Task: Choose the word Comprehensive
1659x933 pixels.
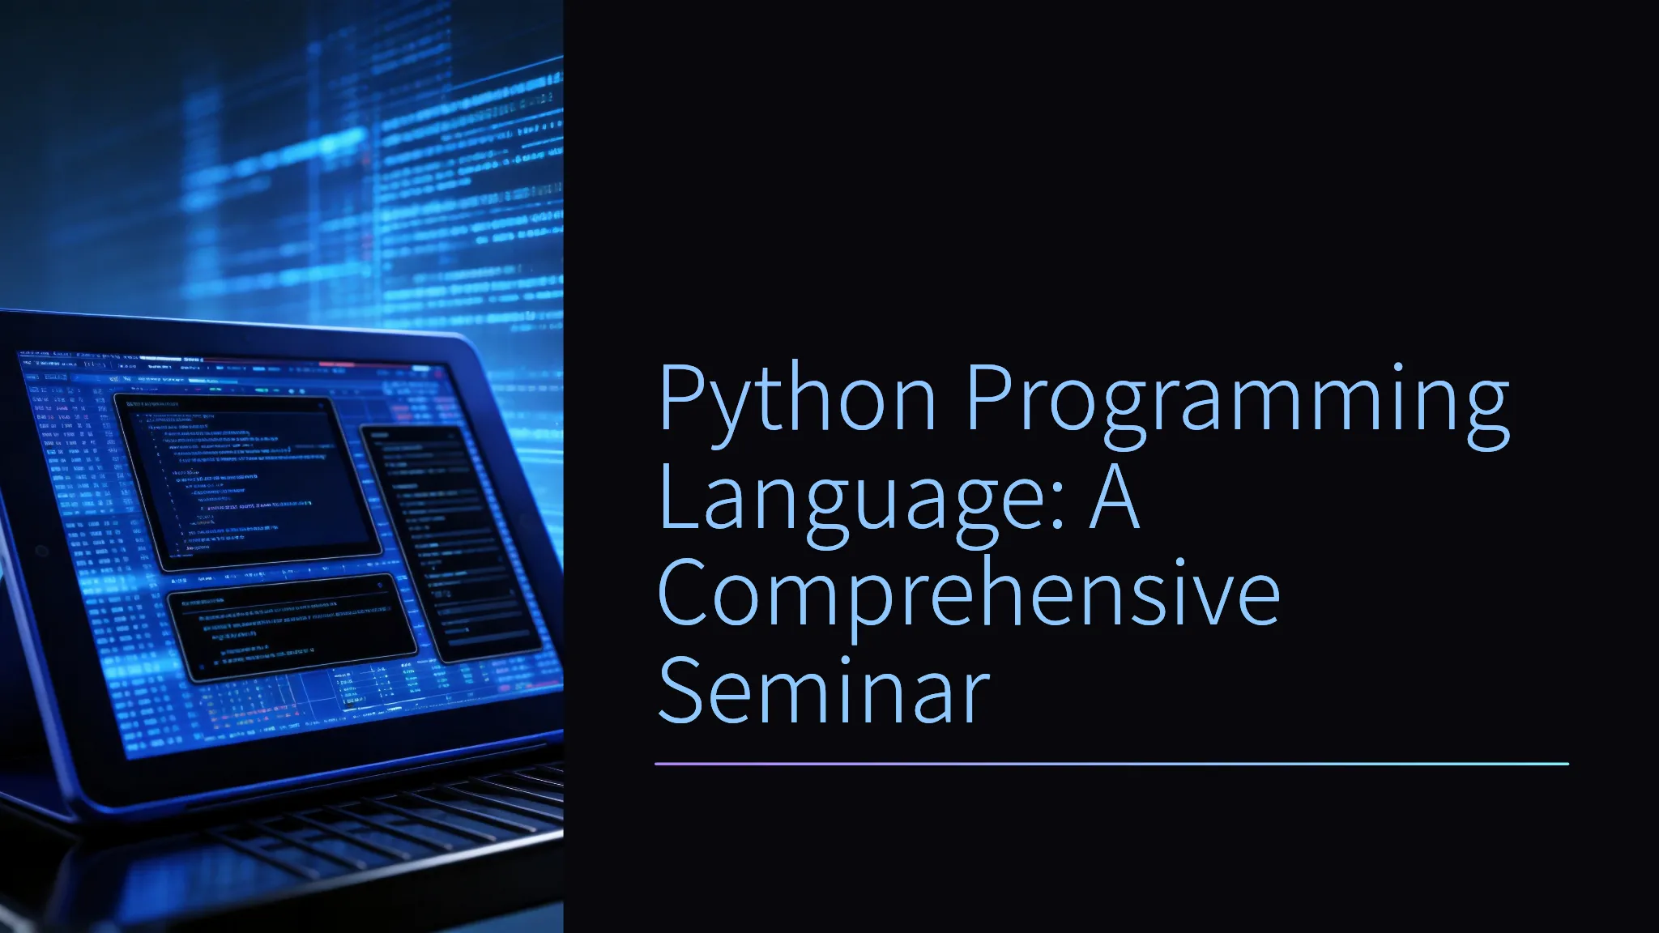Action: [x=969, y=595]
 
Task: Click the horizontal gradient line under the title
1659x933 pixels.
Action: [x=1111, y=763]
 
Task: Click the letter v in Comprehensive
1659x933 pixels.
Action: [x=1201, y=602]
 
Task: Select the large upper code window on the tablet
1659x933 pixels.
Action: [x=247, y=483]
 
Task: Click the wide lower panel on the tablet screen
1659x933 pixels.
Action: [x=292, y=628]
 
